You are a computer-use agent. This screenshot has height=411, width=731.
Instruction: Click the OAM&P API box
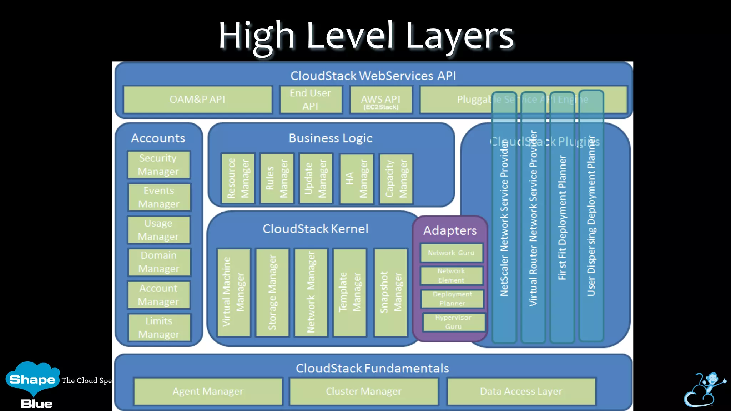click(197, 100)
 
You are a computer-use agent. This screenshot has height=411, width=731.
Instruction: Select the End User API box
click(311, 100)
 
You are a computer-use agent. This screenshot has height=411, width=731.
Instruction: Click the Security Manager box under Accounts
click(159, 165)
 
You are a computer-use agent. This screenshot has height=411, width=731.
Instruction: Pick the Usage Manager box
click(159, 230)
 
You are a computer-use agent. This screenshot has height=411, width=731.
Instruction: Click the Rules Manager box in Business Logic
click(277, 178)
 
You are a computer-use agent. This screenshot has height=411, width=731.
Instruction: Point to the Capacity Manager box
click(396, 179)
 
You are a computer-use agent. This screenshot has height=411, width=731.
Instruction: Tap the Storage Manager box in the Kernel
click(272, 293)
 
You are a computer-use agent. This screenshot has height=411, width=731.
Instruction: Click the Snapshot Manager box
click(390, 293)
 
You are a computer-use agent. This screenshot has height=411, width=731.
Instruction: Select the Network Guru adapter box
click(452, 253)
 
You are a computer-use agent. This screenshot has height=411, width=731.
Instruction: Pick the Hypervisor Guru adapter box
click(454, 322)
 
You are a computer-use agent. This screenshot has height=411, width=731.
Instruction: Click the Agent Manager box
click(208, 391)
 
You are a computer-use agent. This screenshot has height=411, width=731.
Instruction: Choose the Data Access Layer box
click(521, 391)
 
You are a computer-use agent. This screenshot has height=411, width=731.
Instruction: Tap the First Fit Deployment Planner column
click(562, 218)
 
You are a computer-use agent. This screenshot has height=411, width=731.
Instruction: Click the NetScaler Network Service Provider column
click(504, 218)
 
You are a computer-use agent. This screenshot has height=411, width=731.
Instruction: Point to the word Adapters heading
click(450, 230)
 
